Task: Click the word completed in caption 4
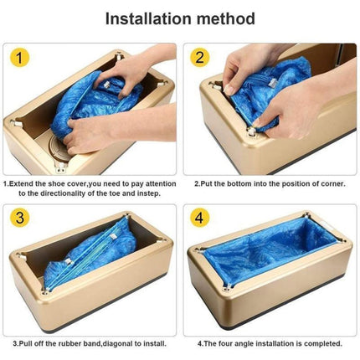coord(310,342)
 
